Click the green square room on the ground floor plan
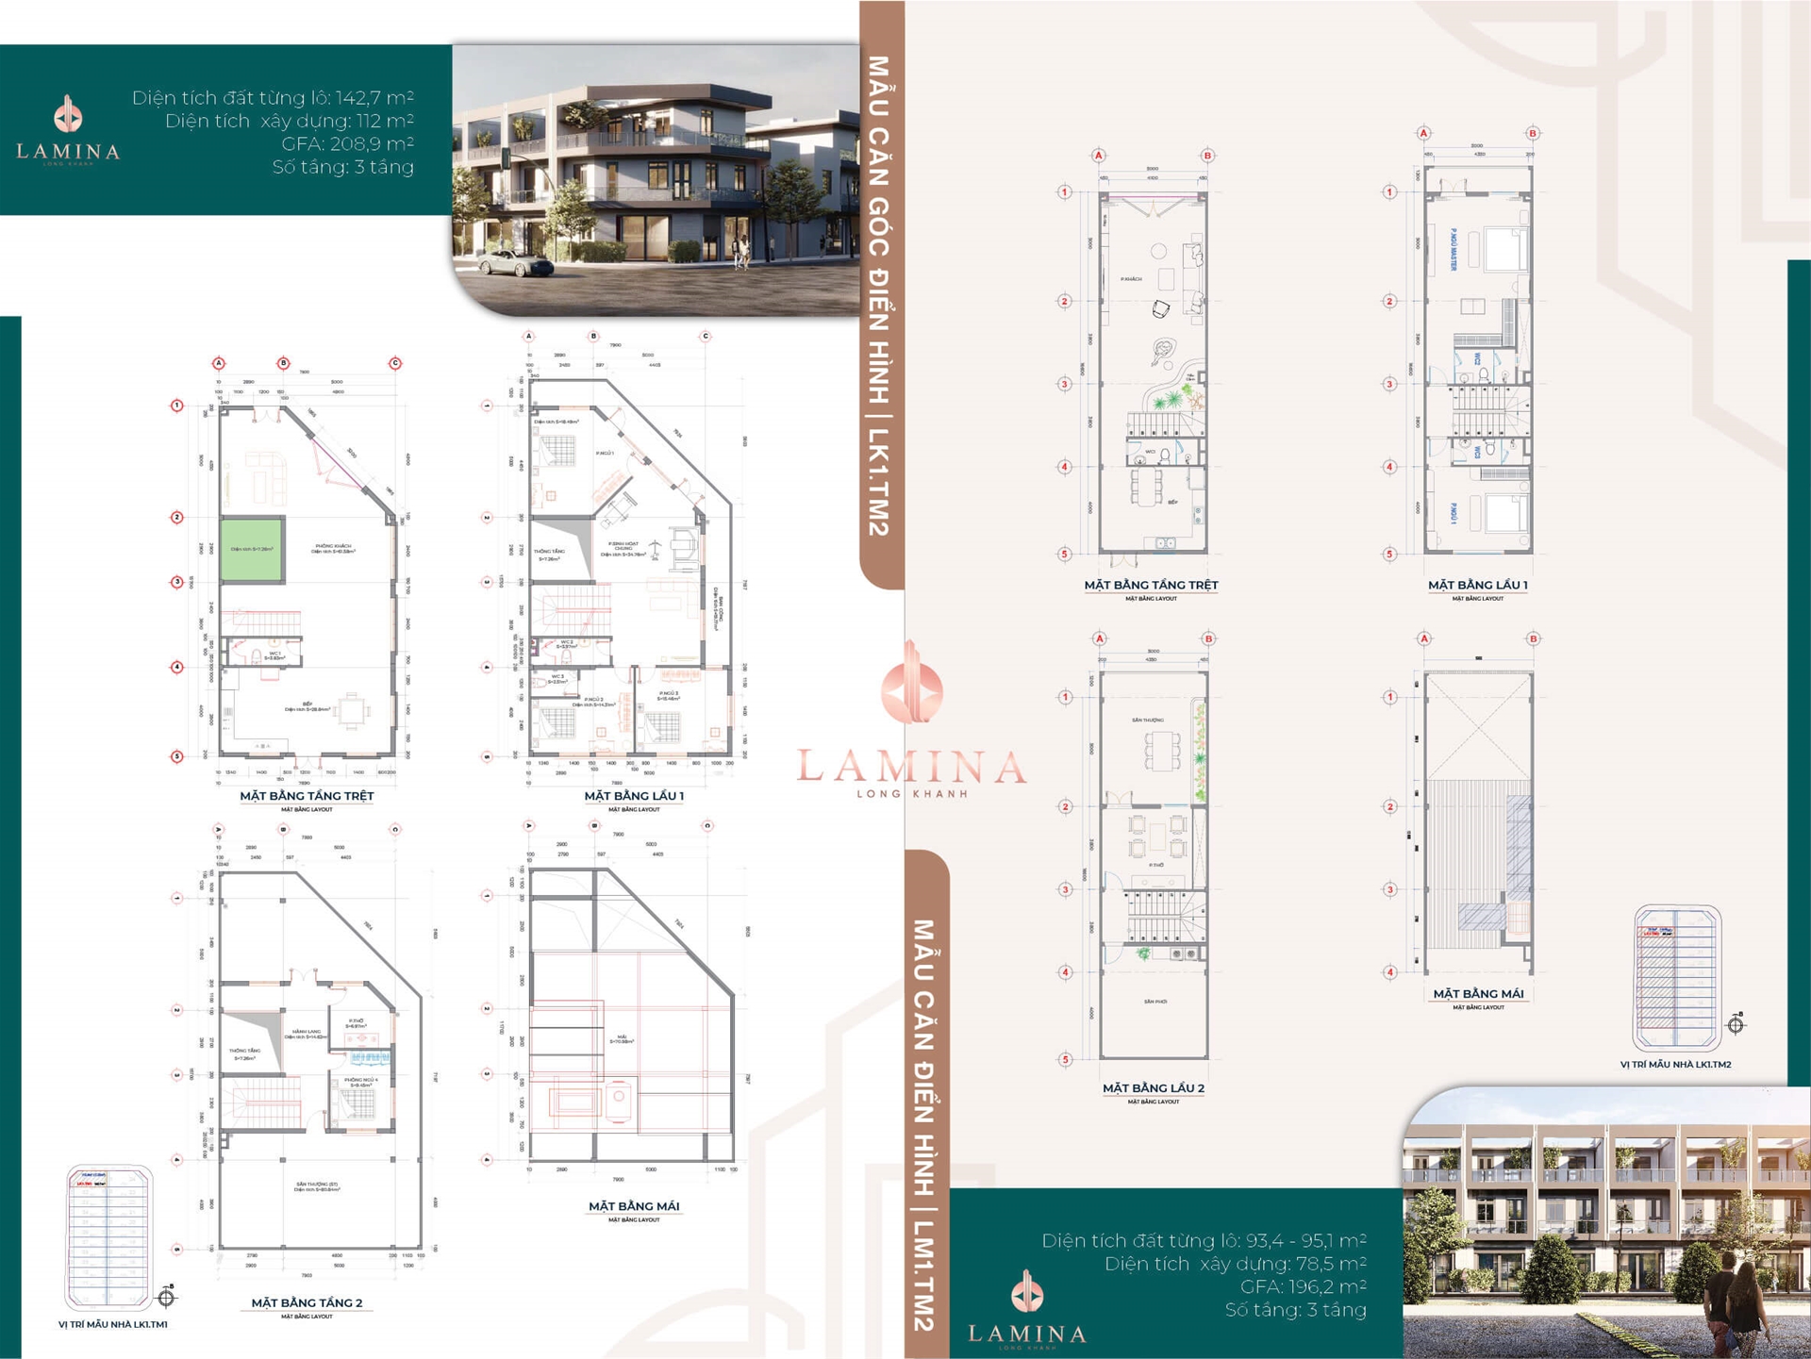(251, 549)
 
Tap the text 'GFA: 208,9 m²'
(347, 143)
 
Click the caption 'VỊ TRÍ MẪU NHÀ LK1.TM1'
(112, 1324)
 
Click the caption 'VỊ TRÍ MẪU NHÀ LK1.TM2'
(1675, 1064)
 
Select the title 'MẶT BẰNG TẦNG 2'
(307, 1302)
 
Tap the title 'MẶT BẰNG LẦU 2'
(1153, 1087)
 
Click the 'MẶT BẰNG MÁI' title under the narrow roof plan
(1478, 993)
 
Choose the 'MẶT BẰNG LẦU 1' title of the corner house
(634, 795)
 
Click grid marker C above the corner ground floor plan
(395, 363)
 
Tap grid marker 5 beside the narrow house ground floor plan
(1065, 555)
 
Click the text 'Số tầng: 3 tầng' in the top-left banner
(342, 167)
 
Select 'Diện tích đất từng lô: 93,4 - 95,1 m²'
(1204, 1240)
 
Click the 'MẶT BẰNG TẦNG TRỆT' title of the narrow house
(1151, 585)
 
